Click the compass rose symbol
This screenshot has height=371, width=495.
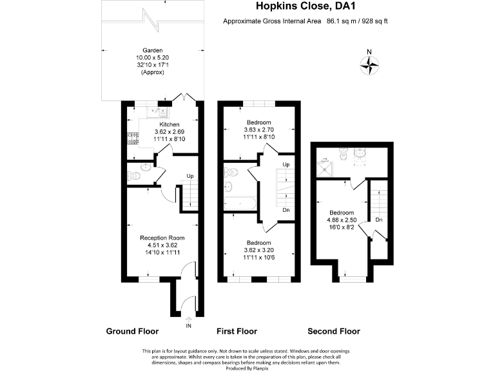click(x=369, y=63)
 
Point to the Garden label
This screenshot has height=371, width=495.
click(x=153, y=50)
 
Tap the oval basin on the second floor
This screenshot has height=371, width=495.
click(x=360, y=152)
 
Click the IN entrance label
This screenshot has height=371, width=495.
click(x=188, y=326)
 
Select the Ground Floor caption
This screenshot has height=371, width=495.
click(x=132, y=332)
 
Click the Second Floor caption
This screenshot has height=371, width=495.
click(x=333, y=332)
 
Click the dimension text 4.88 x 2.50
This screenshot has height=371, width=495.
click(x=342, y=220)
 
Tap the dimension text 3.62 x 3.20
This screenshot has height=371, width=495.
click(x=258, y=250)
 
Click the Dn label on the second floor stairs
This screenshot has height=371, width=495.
click(x=379, y=220)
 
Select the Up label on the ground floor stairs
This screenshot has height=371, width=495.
click(x=190, y=176)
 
